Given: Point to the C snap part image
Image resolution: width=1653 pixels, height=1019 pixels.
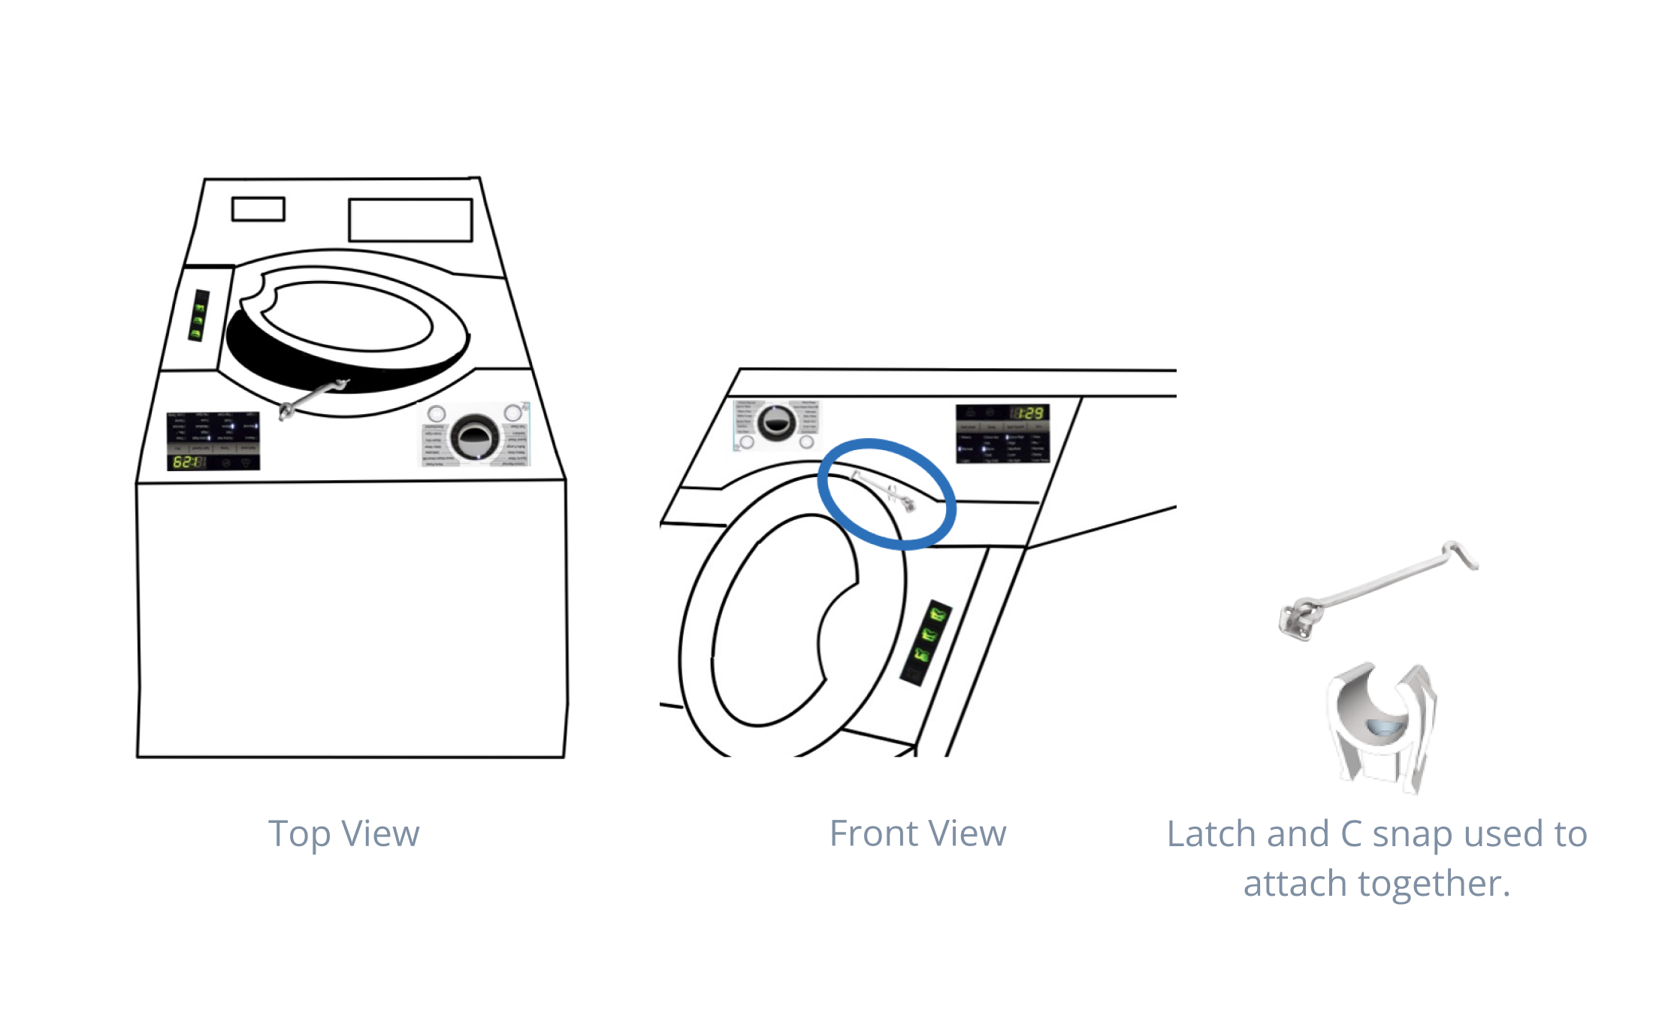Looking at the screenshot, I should tap(1381, 725).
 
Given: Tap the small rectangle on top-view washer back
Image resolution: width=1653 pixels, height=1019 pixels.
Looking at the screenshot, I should tap(258, 209).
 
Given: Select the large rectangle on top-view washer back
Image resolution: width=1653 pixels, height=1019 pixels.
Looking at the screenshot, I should tap(410, 219).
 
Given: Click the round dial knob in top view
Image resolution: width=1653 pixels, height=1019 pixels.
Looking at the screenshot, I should tap(474, 437).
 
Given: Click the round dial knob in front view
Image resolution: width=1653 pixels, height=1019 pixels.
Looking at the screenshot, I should tap(777, 422).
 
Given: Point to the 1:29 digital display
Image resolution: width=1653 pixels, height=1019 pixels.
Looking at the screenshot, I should tap(1029, 413).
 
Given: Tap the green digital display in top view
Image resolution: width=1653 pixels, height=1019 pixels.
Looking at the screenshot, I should tap(186, 461).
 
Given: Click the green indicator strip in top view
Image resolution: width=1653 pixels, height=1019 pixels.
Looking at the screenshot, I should tap(198, 316).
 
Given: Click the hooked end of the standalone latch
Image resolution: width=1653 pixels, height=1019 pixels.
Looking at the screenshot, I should tap(1461, 554).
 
